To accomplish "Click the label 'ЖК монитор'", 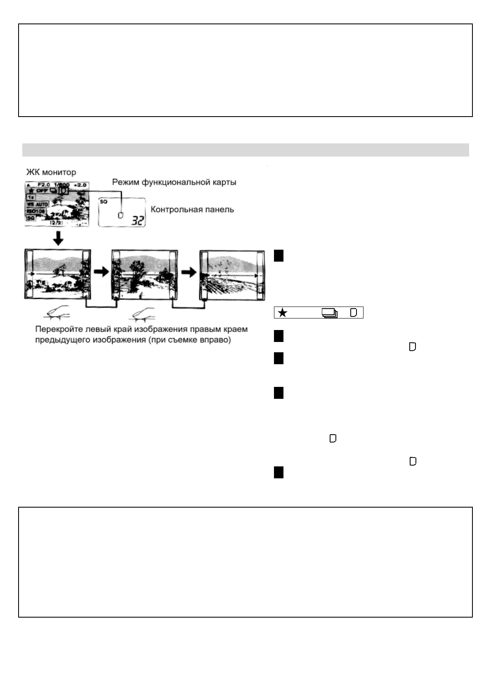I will (x=52, y=172).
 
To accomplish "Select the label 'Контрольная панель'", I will (x=192, y=209).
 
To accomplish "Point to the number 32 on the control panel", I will (x=138, y=221).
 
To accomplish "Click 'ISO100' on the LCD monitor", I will (x=36, y=211).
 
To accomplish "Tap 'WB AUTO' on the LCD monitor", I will (x=37, y=204).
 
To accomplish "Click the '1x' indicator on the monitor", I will (x=31, y=197).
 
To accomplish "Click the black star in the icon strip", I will (x=283, y=313).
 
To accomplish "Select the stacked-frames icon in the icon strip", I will (x=329, y=313).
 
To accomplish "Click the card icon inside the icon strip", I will (x=353, y=313).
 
